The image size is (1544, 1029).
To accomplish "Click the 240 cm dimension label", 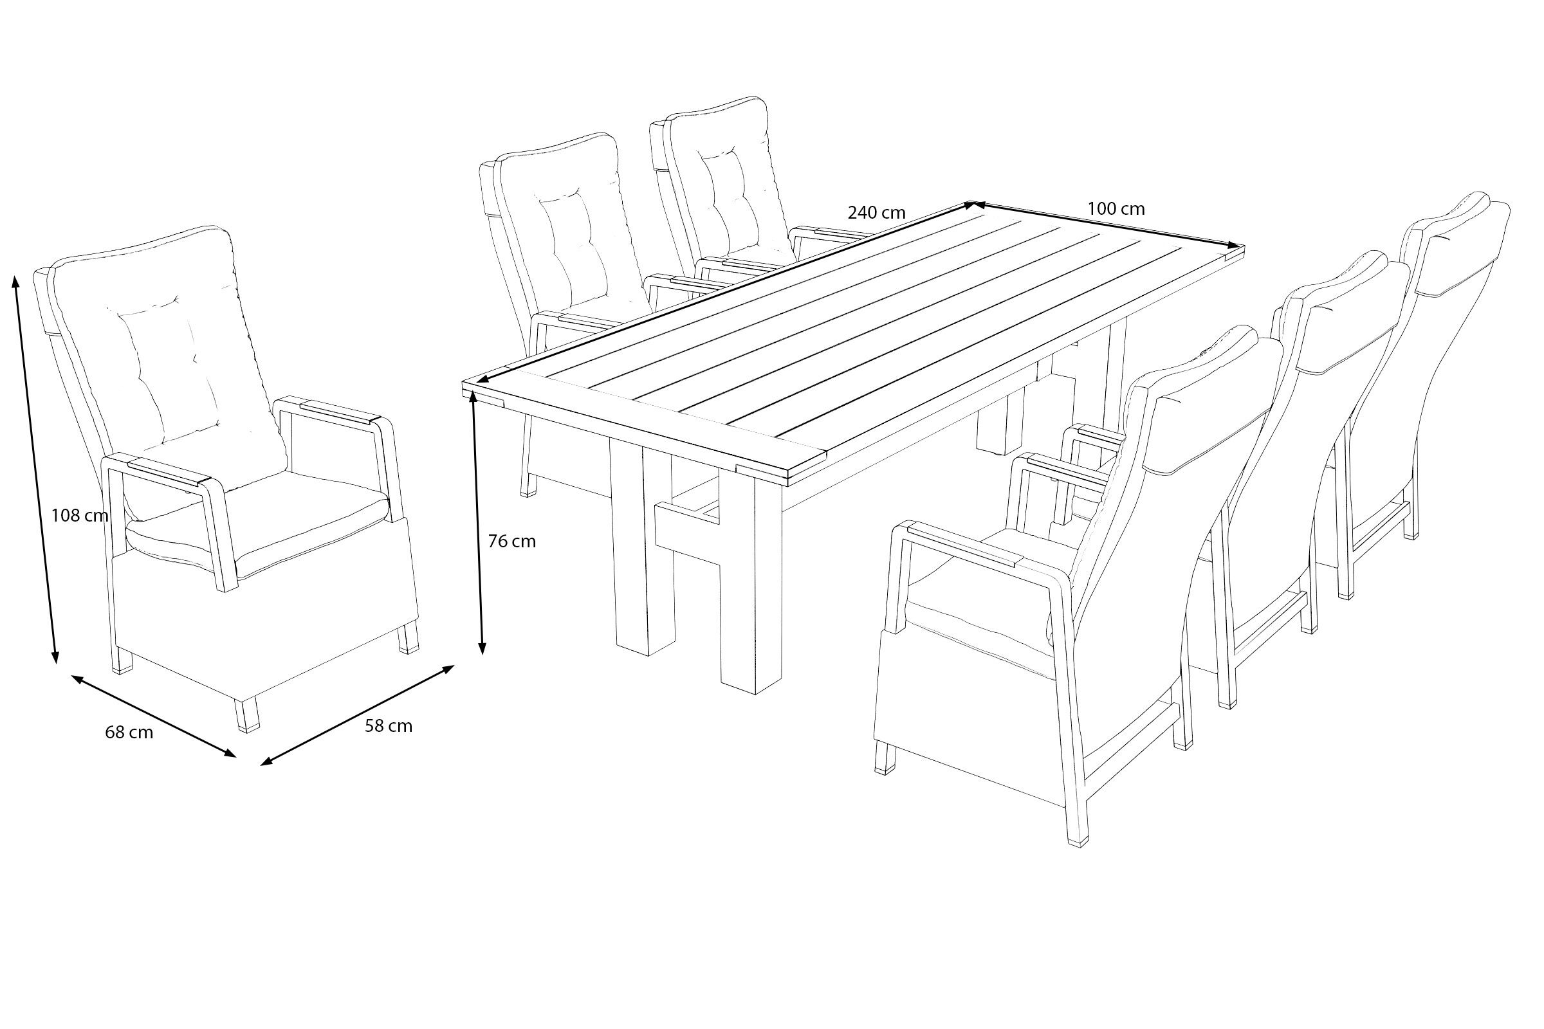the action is (x=876, y=213).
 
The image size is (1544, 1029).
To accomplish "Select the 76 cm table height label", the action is (x=511, y=542).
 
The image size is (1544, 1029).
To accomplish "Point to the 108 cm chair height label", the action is (x=79, y=515).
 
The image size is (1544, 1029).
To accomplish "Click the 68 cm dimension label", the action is (x=129, y=733).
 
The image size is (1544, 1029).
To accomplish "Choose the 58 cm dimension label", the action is (x=389, y=726).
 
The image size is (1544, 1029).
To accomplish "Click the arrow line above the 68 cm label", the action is (x=154, y=716).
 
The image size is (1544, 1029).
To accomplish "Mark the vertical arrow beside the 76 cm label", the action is (x=477, y=525).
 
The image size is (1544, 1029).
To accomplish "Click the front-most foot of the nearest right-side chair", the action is (x=1078, y=831).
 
